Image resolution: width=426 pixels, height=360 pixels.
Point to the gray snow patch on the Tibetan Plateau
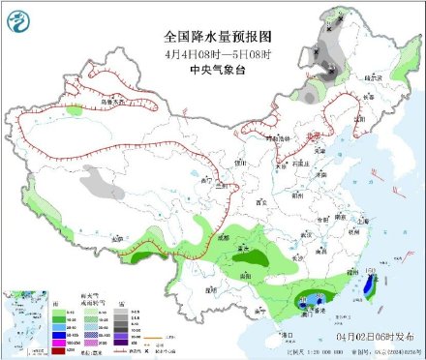coord(97,179)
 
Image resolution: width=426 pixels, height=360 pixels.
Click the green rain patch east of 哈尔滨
coord(397,72)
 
